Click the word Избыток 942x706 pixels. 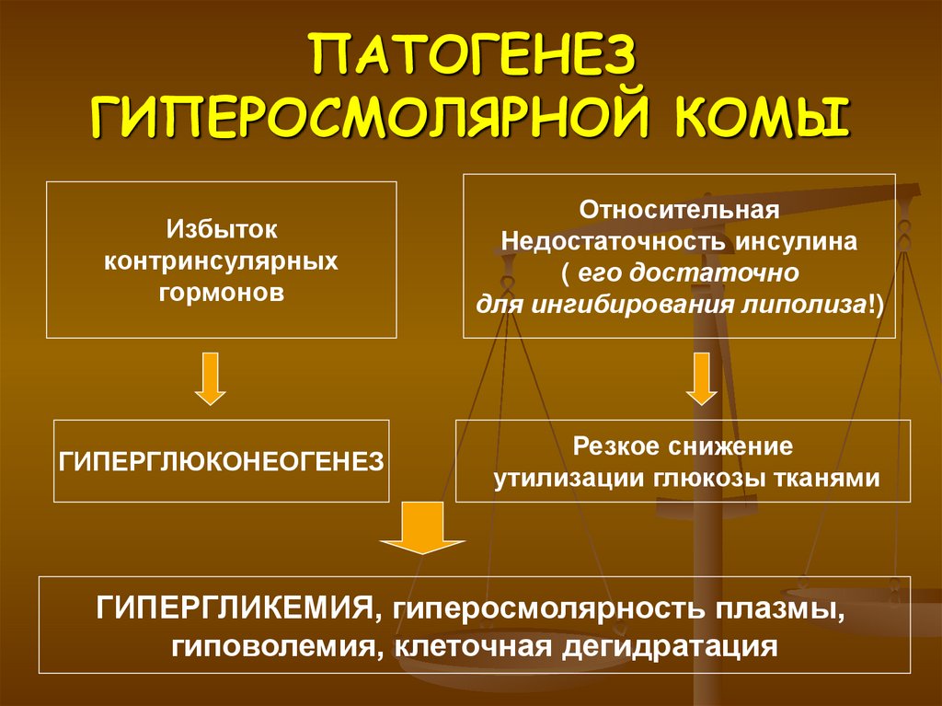[221, 226]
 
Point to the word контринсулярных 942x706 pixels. [221, 260]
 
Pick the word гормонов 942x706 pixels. [221, 294]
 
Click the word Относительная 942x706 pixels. [679, 209]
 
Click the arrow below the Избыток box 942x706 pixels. [211, 379]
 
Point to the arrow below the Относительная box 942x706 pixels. [702, 379]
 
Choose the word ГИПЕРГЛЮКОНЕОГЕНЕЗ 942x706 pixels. [221, 460]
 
